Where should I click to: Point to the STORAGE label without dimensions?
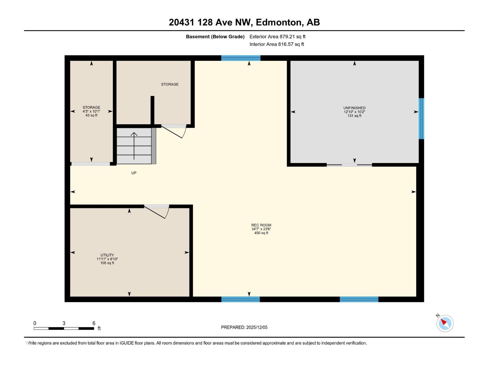(170, 84)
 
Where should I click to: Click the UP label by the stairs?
(134, 173)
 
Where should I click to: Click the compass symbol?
(445, 323)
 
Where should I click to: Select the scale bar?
(64, 328)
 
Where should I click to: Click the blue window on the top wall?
(241, 58)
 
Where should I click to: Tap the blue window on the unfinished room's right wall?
(421, 118)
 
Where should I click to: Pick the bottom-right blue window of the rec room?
(359, 299)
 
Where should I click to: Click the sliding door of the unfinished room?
(349, 165)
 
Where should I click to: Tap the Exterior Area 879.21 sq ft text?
(277, 37)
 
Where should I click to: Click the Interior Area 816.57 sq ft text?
(277, 44)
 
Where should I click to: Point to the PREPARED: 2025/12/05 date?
(244, 327)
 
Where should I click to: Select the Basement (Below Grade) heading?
(215, 37)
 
